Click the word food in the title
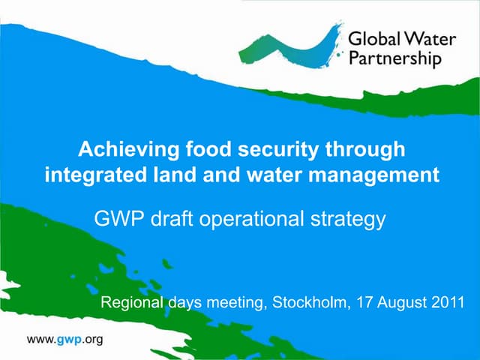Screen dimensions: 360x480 [198, 149]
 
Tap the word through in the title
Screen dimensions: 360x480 [366, 150]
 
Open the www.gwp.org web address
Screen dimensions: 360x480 [64, 339]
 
